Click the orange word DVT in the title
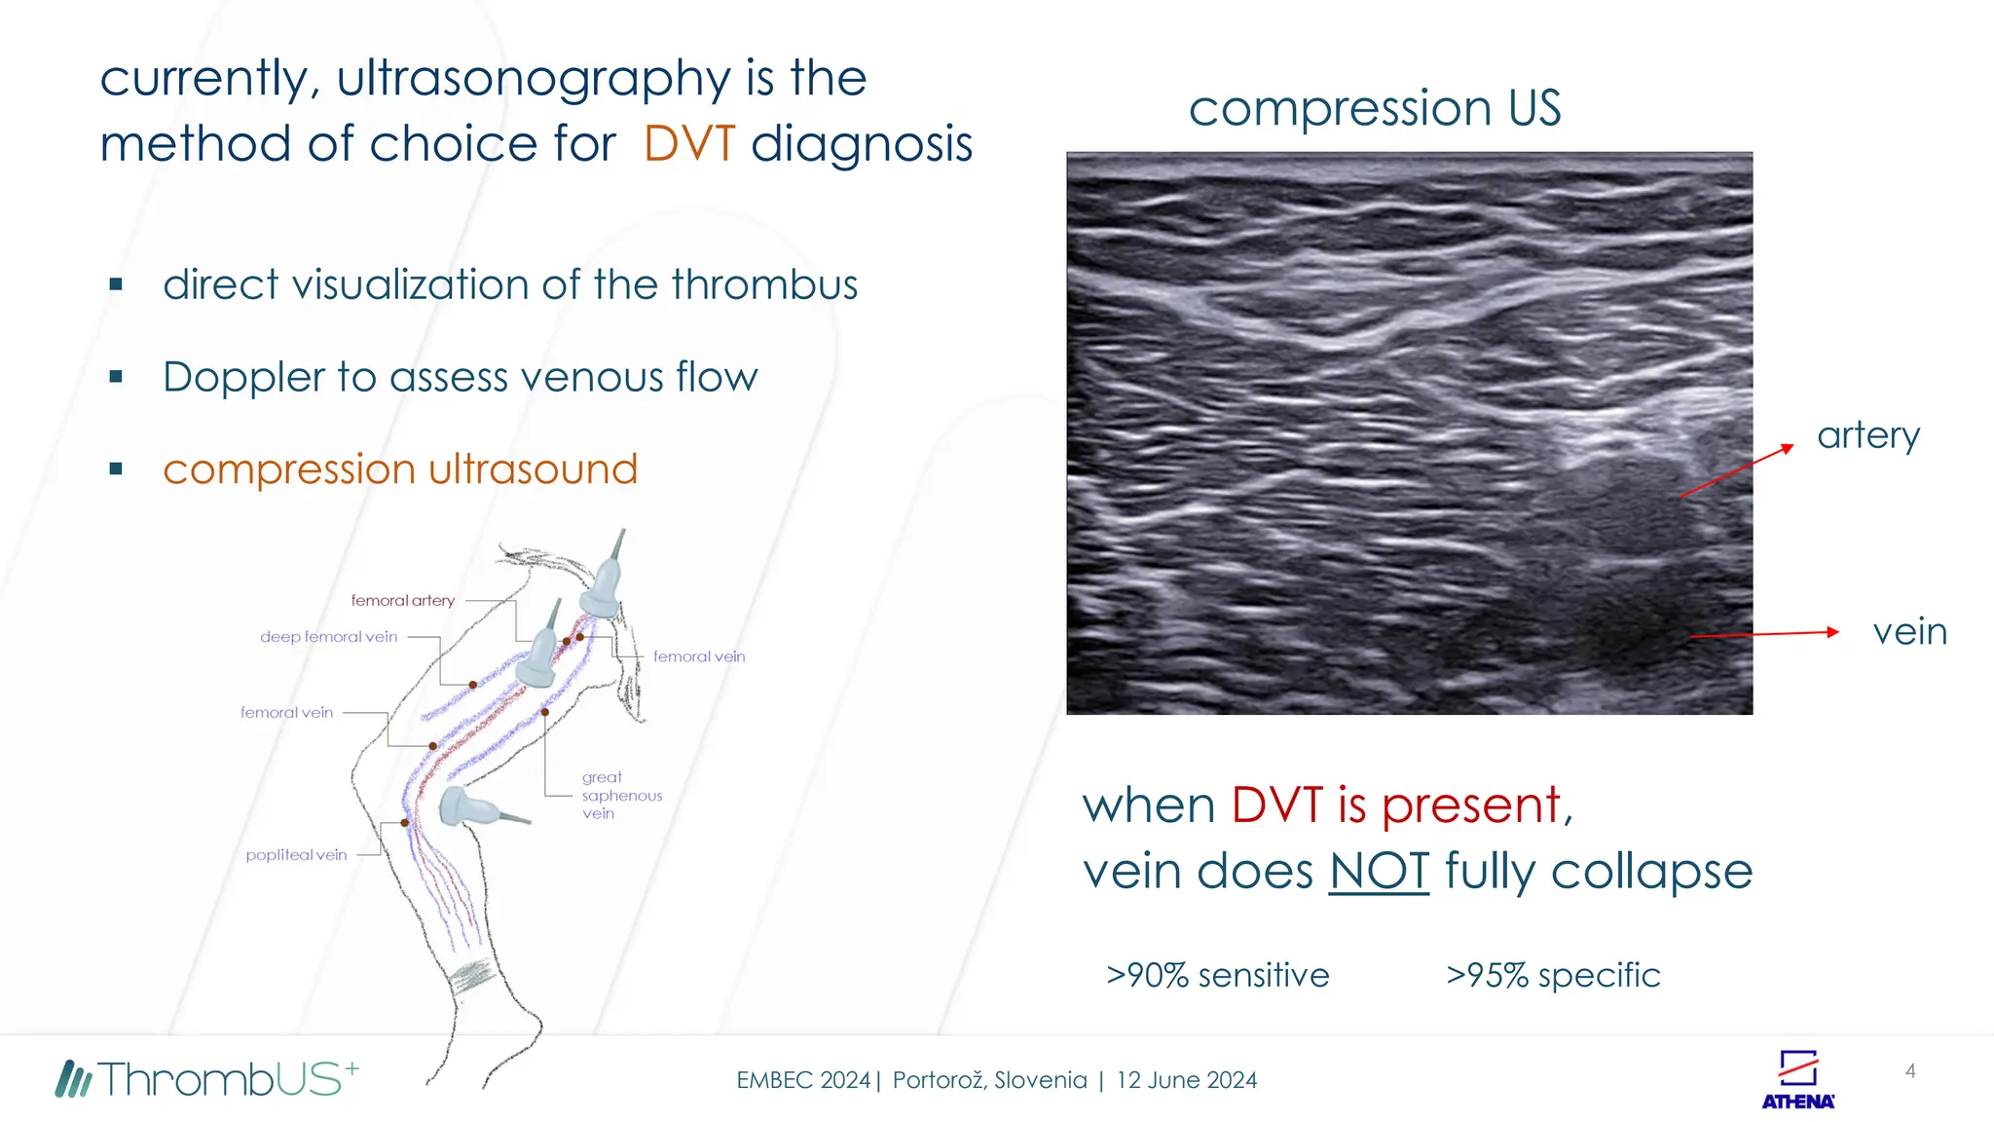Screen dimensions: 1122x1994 click(689, 144)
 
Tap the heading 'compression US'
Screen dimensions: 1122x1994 click(1374, 108)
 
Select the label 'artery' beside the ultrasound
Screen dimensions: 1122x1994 click(1867, 435)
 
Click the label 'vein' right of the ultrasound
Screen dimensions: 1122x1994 click(1909, 632)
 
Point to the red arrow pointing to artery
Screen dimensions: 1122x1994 click(1738, 471)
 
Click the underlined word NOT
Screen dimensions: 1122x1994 click(1379, 871)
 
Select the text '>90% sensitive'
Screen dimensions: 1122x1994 click(1217, 975)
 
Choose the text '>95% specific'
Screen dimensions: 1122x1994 click(1553, 975)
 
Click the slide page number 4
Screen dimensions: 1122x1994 click(1910, 1071)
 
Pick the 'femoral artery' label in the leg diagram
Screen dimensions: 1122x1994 click(402, 601)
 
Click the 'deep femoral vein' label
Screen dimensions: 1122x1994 click(328, 637)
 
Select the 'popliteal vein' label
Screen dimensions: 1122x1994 click(296, 855)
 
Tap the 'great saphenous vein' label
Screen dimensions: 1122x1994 click(620, 795)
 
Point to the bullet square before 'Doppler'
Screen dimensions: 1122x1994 click(116, 377)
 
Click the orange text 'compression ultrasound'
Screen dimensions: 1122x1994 click(400, 469)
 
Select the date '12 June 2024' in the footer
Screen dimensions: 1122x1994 click(1186, 1080)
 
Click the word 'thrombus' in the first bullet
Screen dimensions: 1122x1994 click(764, 284)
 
